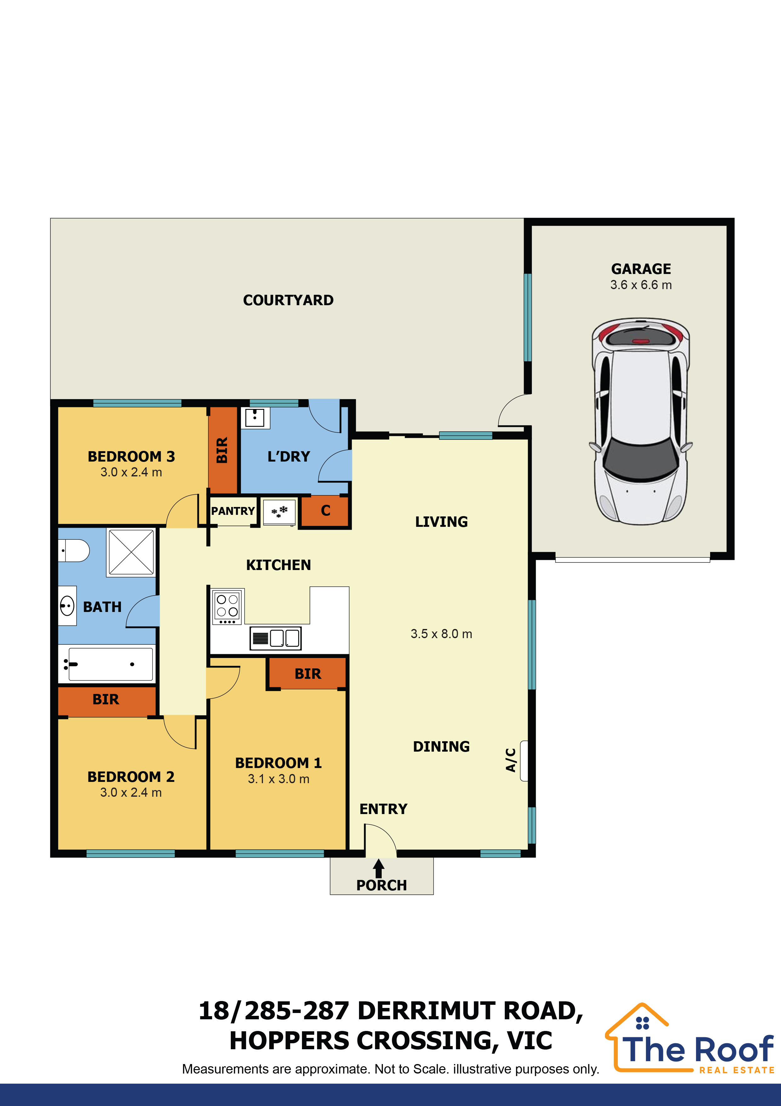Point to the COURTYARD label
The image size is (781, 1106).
tap(288, 300)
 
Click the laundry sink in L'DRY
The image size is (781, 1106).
tap(255, 417)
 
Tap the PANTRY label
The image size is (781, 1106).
tap(233, 511)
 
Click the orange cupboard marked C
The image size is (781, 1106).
tap(325, 511)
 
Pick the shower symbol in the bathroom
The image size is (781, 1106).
tap(131, 552)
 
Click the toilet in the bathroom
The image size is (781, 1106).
tap(75, 550)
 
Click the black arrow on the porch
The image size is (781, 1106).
tap(379, 869)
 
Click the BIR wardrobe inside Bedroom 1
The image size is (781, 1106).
tap(307, 673)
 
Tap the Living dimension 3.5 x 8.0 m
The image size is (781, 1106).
tap(441, 634)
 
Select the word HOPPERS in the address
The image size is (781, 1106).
tap(289, 1041)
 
